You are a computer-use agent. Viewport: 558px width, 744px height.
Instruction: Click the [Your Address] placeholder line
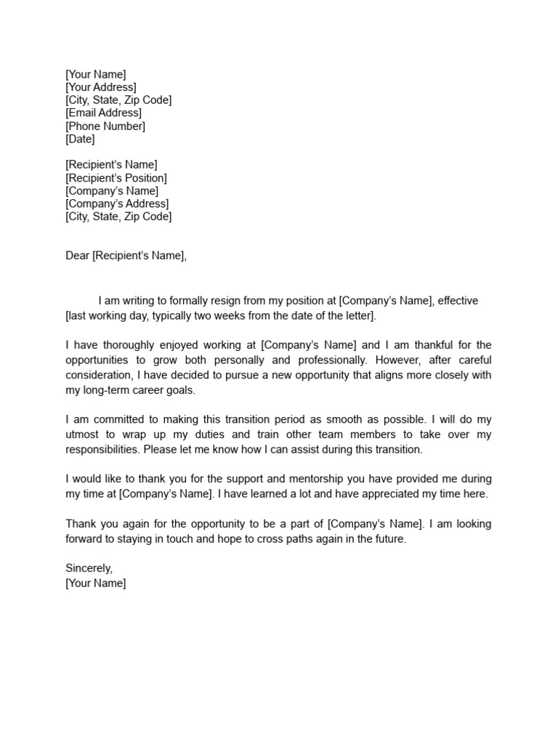(100, 87)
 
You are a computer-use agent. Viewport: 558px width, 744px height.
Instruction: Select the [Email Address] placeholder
(103, 113)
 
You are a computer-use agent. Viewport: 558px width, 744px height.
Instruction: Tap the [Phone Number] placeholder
(105, 126)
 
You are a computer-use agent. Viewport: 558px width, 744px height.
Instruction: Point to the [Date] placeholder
(80, 139)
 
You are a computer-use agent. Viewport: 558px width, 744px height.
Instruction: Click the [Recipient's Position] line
(116, 178)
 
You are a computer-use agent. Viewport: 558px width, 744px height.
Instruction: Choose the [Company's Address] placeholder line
(117, 204)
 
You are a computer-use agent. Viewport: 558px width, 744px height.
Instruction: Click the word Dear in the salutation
(77, 256)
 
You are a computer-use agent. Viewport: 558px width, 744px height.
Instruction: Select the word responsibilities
(102, 450)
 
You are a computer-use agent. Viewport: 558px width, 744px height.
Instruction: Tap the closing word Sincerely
(89, 569)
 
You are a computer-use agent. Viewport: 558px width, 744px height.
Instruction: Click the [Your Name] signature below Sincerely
(95, 583)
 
